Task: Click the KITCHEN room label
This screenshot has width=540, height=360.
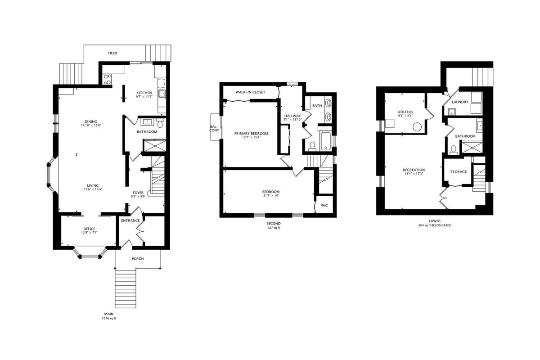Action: (x=144, y=93)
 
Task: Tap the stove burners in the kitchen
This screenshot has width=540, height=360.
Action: (x=107, y=79)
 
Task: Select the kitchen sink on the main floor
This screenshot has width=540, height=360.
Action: (x=162, y=94)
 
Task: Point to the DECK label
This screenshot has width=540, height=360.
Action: (x=113, y=53)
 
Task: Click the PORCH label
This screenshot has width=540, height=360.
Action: (x=138, y=259)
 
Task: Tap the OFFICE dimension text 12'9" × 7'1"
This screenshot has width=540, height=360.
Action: (x=90, y=233)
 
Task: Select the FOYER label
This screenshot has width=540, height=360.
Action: (x=138, y=193)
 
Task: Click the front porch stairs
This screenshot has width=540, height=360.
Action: (x=126, y=288)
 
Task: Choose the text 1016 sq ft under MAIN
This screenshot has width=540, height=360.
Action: (x=109, y=318)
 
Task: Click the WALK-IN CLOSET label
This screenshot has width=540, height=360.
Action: (x=251, y=92)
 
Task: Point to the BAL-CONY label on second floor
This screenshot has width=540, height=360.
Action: (x=214, y=128)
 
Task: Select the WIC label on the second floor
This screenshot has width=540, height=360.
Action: (x=324, y=206)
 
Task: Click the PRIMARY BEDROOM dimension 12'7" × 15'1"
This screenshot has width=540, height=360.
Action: (x=251, y=137)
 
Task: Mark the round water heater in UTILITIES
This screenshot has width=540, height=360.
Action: (x=417, y=127)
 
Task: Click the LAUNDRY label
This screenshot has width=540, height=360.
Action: (x=460, y=102)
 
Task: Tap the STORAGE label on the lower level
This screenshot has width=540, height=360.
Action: (x=459, y=172)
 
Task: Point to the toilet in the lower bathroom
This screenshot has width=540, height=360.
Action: (x=454, y=150)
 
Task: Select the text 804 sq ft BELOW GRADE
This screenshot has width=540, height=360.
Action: (x=435, y=225)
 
